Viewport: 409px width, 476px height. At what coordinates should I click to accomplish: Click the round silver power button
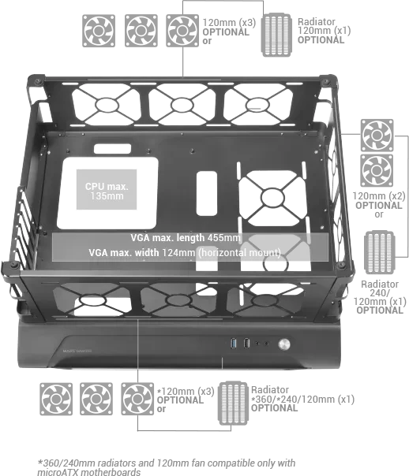click(284, 344)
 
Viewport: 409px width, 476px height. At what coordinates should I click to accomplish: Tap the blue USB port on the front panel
click(234, 344)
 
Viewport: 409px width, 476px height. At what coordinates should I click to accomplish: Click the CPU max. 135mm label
click(107, 191)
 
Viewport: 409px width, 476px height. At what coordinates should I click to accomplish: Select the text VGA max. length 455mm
click(186, 238)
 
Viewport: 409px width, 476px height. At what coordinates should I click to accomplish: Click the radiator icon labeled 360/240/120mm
click(233, 403)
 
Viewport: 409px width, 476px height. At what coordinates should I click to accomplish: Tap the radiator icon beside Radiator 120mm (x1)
click(276, 35)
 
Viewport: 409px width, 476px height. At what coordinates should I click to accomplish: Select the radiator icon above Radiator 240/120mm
click(380, 252)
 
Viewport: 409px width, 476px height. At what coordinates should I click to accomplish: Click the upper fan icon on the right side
click(377, 136)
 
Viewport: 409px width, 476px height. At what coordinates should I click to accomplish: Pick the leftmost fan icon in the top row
click(99, 31)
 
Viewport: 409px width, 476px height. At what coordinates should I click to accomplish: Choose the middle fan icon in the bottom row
click(96, 399)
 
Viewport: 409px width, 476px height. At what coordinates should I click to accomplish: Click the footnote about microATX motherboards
click(167, 467)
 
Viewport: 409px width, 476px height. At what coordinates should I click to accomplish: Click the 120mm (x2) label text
click(379, 195)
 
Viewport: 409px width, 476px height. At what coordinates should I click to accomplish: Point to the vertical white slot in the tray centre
click(207, 194)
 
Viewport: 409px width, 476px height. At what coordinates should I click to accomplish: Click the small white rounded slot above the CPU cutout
click(112, 149)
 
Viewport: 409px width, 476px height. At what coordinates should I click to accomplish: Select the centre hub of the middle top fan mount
click(182, 105)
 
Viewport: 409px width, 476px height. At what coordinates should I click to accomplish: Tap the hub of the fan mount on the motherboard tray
click(272, 198)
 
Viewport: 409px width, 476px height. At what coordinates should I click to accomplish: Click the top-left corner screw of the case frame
click(38, 81)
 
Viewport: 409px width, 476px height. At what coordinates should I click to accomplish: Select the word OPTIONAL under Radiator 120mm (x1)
click(321, 39)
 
